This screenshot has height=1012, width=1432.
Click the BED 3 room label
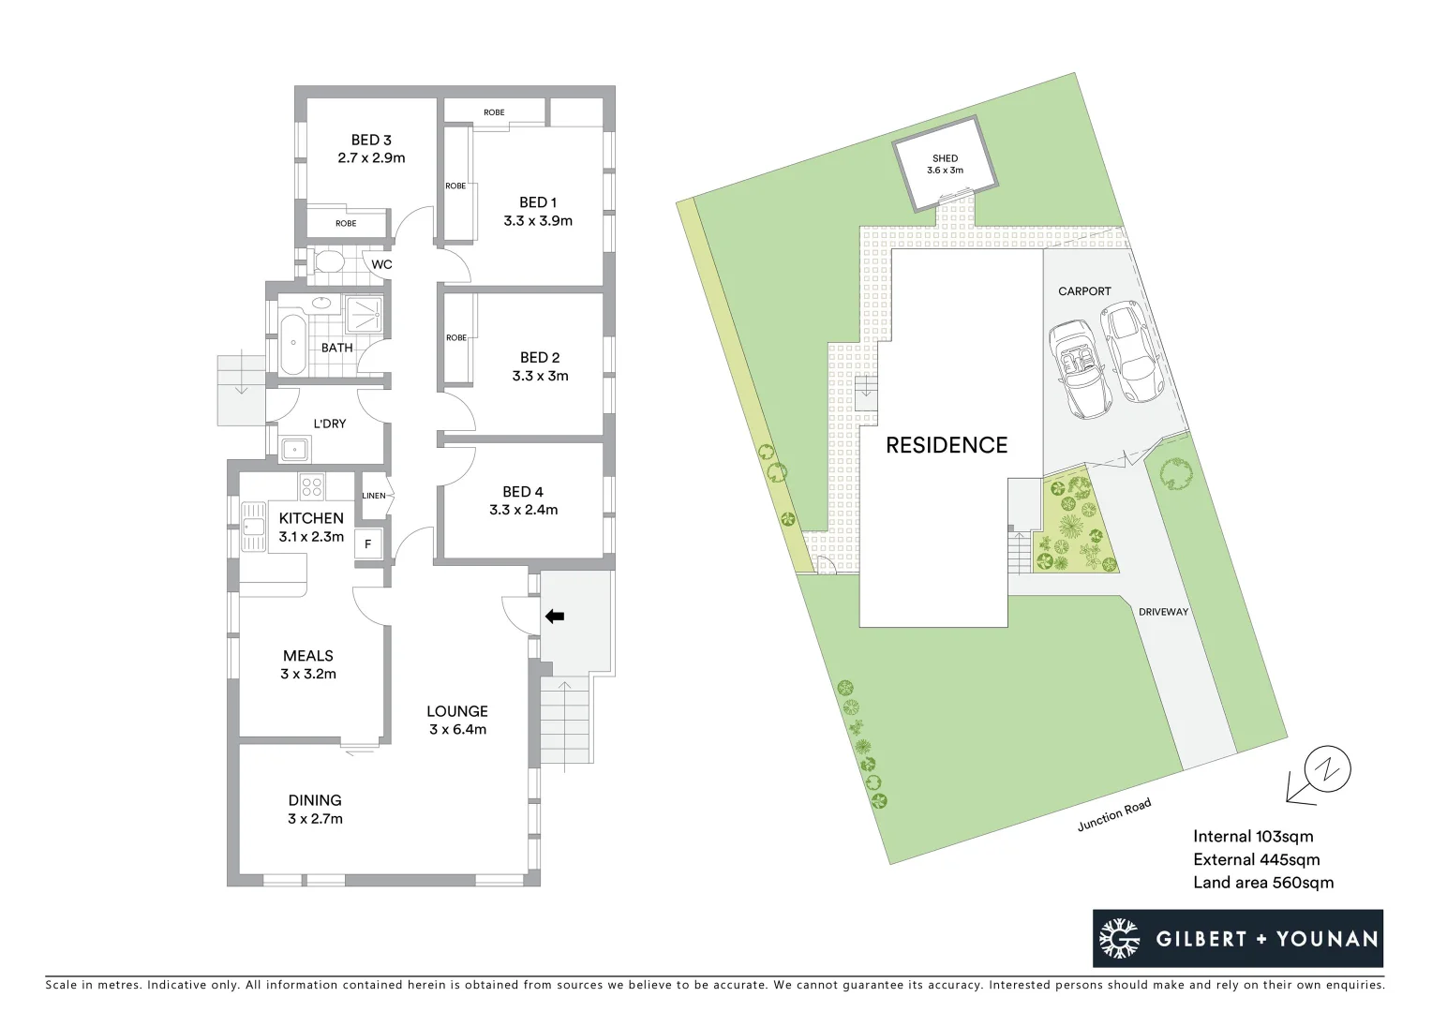371,141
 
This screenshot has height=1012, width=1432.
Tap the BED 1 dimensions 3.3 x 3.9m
538,221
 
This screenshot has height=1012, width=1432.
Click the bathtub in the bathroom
291,344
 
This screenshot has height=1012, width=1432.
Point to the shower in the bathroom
365,314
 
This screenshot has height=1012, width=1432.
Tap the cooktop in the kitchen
312,487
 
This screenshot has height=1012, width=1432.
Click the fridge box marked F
368,544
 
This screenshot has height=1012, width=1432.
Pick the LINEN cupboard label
373,495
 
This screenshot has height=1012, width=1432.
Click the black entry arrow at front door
555,617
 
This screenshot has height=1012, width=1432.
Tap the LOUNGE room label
457,711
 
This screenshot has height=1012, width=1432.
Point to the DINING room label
315,800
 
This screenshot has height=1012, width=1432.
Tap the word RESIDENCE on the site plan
947,445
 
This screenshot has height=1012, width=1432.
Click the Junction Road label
1113,814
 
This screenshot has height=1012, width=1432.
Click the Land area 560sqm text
1262,882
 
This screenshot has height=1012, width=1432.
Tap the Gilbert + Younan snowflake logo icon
1119,939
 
